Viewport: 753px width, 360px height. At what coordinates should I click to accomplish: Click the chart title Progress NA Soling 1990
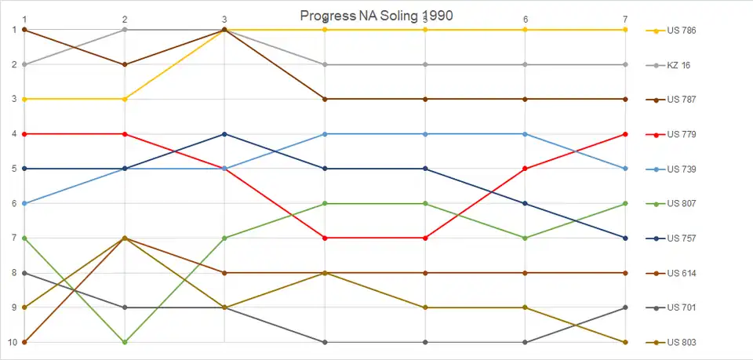[376, 16]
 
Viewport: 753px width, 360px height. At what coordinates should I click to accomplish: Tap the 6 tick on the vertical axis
[13, 204]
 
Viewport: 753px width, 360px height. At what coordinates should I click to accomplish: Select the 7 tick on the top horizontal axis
[625, 19]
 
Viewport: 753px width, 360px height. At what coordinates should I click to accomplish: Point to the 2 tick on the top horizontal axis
[125, 19]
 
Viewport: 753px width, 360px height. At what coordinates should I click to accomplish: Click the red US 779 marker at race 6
[525, 169]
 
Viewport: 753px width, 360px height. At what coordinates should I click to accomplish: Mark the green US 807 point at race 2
[125, 342]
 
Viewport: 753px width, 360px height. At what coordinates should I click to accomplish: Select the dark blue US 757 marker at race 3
[225, 134]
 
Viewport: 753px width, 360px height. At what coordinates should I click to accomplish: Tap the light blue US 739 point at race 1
[25, 203]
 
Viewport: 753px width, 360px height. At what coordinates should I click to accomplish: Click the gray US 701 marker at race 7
[625, 307]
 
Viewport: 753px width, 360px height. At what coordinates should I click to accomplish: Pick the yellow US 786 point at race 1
[25, 99]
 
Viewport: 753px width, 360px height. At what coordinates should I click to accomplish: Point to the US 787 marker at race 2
[125, 64]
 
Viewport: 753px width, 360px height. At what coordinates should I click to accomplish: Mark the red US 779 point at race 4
[325, 238]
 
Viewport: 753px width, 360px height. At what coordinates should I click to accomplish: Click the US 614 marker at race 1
[25, 342]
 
